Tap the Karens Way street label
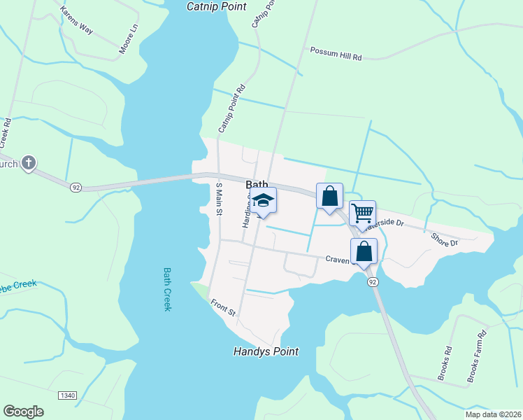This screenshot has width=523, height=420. point(76,20)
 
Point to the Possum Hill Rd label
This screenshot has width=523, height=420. point(336,53)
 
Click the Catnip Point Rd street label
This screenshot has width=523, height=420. point(233,108)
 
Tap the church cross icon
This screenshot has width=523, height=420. point(28,164)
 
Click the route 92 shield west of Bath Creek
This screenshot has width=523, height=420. point(76,187)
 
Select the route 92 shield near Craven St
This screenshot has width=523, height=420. point(372,281)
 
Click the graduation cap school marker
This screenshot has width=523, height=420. point(263,201)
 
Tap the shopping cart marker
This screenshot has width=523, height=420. point(362,213)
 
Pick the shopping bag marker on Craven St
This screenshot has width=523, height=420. point(364,251)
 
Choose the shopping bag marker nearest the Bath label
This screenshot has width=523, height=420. point(329,196)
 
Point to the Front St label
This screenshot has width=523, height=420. point(224,306)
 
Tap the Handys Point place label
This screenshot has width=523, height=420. point(266,351)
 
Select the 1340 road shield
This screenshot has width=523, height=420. point(67,395)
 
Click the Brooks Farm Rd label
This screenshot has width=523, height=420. point(476,357)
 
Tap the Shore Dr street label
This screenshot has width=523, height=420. point(444,239)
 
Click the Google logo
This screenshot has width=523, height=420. point(23,412)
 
